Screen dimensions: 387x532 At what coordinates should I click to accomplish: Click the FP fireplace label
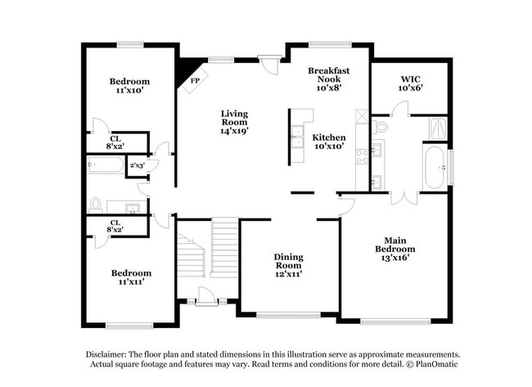coord(195,81)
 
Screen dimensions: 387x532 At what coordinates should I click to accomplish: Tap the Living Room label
coord(234,122)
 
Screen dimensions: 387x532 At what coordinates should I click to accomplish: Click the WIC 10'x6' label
coord(410,83)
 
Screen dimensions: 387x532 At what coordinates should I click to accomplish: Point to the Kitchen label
coord(329,142)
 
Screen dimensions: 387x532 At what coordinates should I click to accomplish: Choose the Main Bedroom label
coord(394,249)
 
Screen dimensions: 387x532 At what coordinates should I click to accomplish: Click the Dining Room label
coord(288,265)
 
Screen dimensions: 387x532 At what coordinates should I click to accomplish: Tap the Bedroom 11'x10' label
coord(129,86)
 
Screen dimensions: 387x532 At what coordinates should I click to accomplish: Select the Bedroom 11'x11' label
coord(131,277)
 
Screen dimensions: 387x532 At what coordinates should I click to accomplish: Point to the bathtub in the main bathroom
coord(435,167)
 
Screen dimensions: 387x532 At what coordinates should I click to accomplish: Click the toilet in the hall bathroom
coord(97,204)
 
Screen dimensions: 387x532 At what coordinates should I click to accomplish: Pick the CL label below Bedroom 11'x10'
coord(116,142)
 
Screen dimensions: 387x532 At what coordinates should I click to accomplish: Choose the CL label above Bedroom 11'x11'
coord(116,226)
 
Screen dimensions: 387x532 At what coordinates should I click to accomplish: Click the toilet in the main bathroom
coord(381,127)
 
